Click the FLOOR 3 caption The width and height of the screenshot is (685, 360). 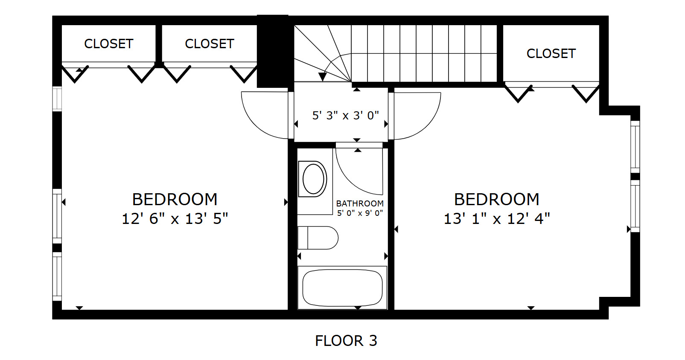346,341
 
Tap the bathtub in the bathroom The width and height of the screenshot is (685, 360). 342,287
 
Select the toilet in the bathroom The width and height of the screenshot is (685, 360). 318,238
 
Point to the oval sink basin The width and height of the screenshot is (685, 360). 313,179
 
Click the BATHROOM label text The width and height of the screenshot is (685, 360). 360,203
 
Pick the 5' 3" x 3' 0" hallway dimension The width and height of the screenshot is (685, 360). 346,116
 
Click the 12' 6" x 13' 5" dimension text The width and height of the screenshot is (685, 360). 175,219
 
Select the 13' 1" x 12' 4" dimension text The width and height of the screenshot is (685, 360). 497,219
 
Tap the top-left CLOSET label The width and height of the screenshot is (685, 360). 108,44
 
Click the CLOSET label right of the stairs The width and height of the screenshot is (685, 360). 551,53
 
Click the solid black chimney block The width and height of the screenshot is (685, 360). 272,51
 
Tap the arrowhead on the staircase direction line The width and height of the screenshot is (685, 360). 322,77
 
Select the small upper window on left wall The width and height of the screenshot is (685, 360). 57,99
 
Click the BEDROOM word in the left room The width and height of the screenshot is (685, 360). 175,200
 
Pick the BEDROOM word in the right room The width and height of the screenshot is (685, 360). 497,200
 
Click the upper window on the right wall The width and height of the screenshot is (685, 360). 635,147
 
